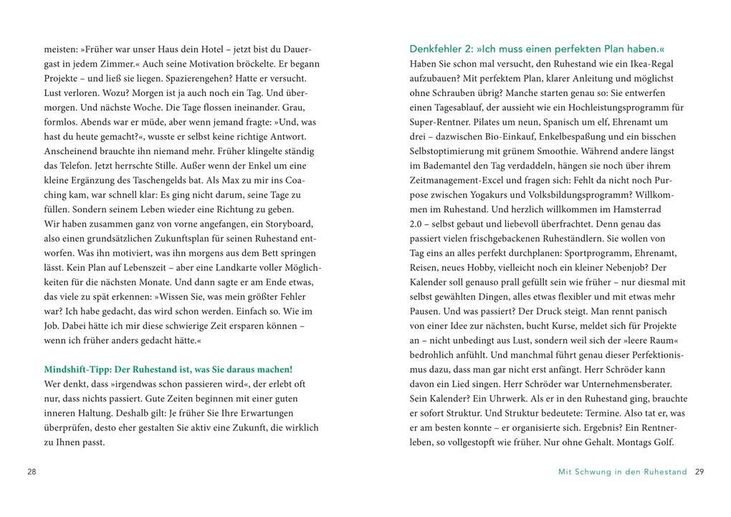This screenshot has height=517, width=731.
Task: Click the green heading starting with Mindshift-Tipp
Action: click(168, 369)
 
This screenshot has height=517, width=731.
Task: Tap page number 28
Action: click(32, 472)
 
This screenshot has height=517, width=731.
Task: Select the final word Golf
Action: click(664, 442)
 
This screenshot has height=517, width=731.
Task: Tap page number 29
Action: click(699, 472)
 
